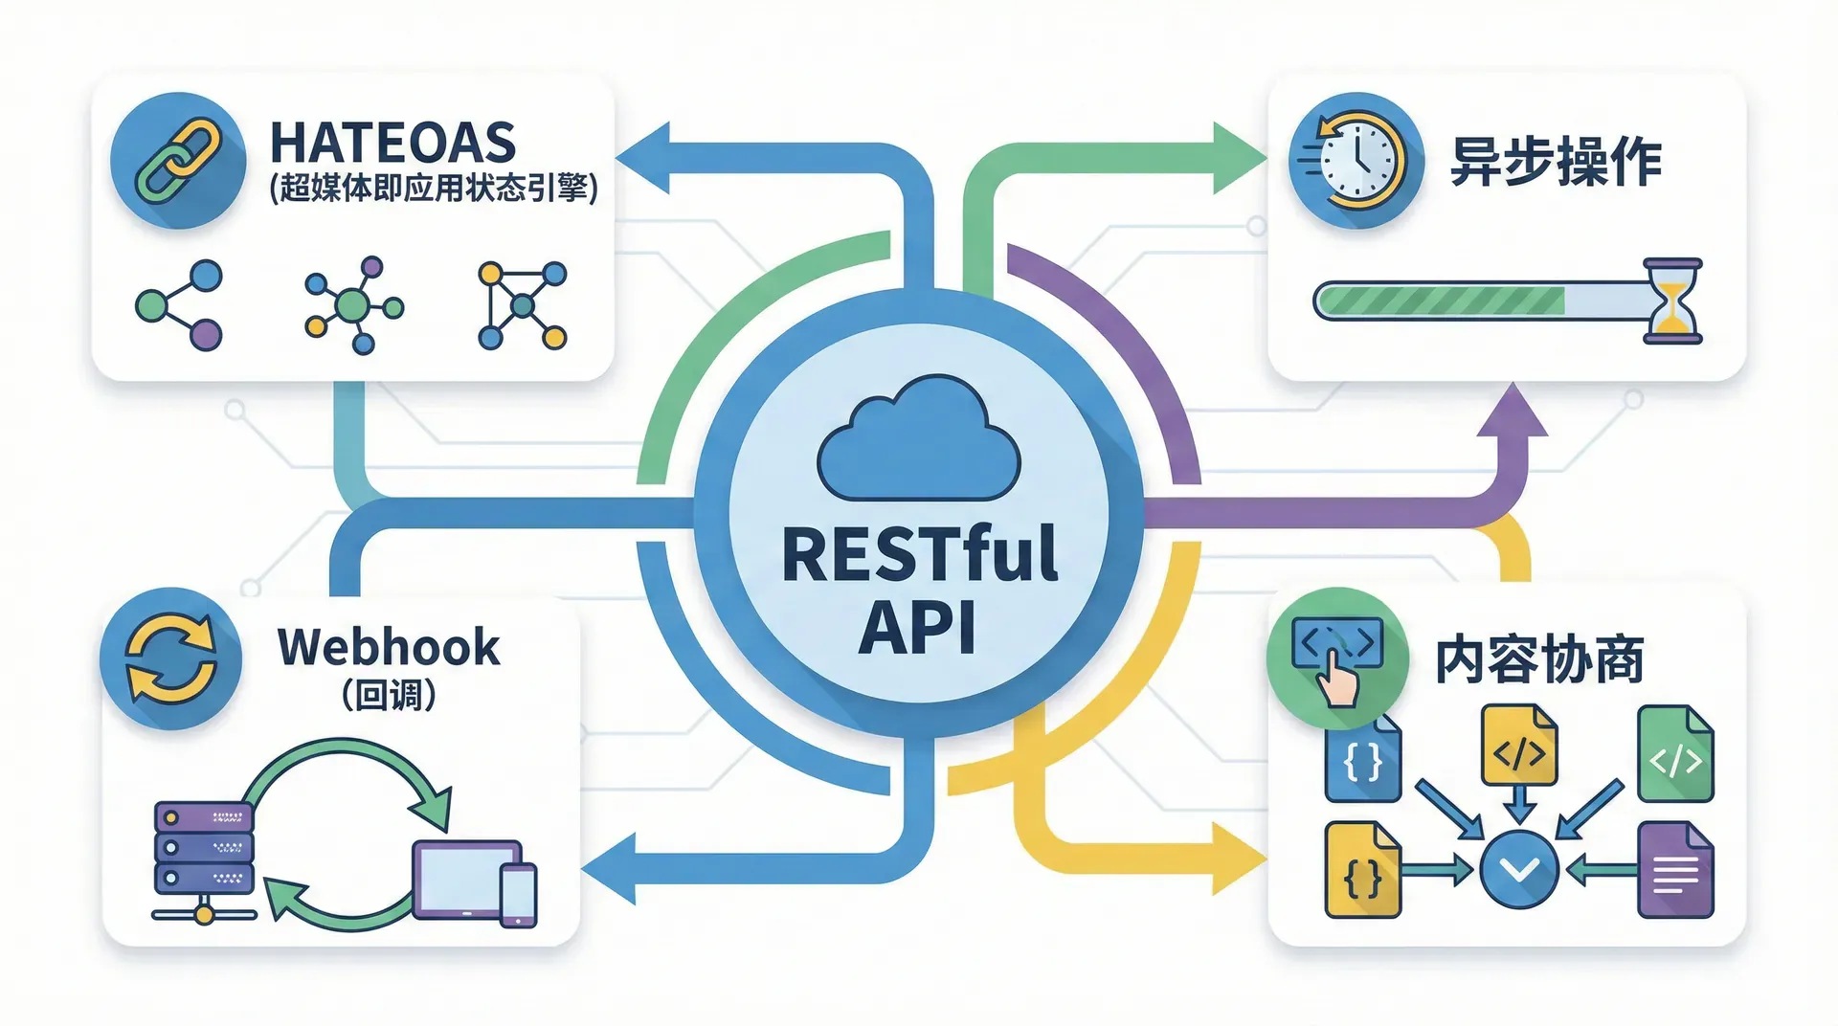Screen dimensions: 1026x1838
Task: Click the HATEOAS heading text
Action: click(392, 144)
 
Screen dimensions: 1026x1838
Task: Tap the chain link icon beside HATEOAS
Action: click(178, 160)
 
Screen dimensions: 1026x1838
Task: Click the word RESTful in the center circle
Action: click(919, 554)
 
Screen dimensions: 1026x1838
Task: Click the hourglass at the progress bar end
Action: click(1671, 301)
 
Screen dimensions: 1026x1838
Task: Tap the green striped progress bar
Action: click(1441, 301)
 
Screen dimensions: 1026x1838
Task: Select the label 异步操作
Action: click(1555, 161)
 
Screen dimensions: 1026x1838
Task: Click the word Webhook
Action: click(389, 648)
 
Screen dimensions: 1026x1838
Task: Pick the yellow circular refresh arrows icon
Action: click(170, 658)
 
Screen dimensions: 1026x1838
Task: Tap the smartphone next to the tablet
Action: click(519, 895)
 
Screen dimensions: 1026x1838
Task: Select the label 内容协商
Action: click(1538, 660)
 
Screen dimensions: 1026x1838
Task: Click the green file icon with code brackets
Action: click(1675, 755)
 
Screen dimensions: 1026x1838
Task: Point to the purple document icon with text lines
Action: click(1675, 871)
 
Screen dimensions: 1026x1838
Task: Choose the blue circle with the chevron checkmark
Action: click(1519, 869)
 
